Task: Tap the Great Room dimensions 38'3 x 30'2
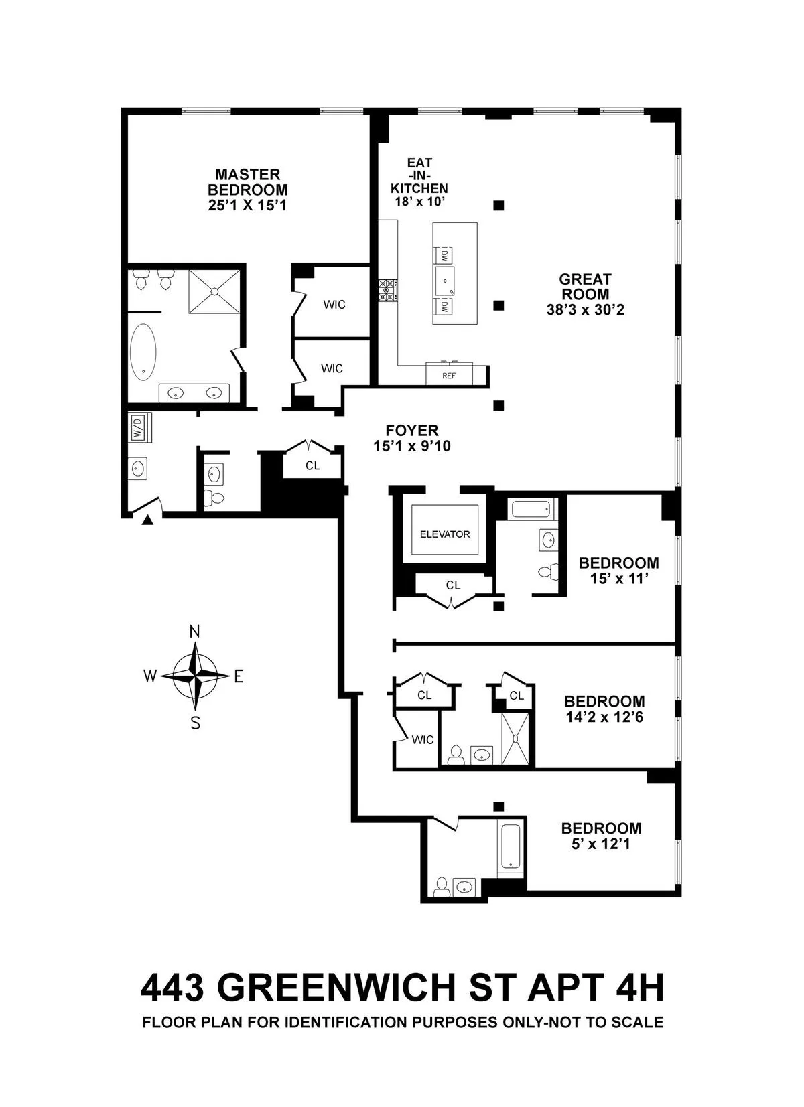click(585, 310)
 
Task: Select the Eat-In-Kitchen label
click(419, 175)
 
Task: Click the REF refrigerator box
click(449, 376)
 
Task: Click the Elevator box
click(445, 534)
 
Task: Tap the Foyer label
click(412, 431)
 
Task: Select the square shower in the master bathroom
click(214, 291)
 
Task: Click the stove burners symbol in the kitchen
click(387, 291)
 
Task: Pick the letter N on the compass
click(195, 632)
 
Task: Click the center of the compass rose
click(195, 676)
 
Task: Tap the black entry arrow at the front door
click(148, 519)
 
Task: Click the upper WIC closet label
click(334, 305)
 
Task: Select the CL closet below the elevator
click(453, 585)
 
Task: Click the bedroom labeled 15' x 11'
click(618, 570)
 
